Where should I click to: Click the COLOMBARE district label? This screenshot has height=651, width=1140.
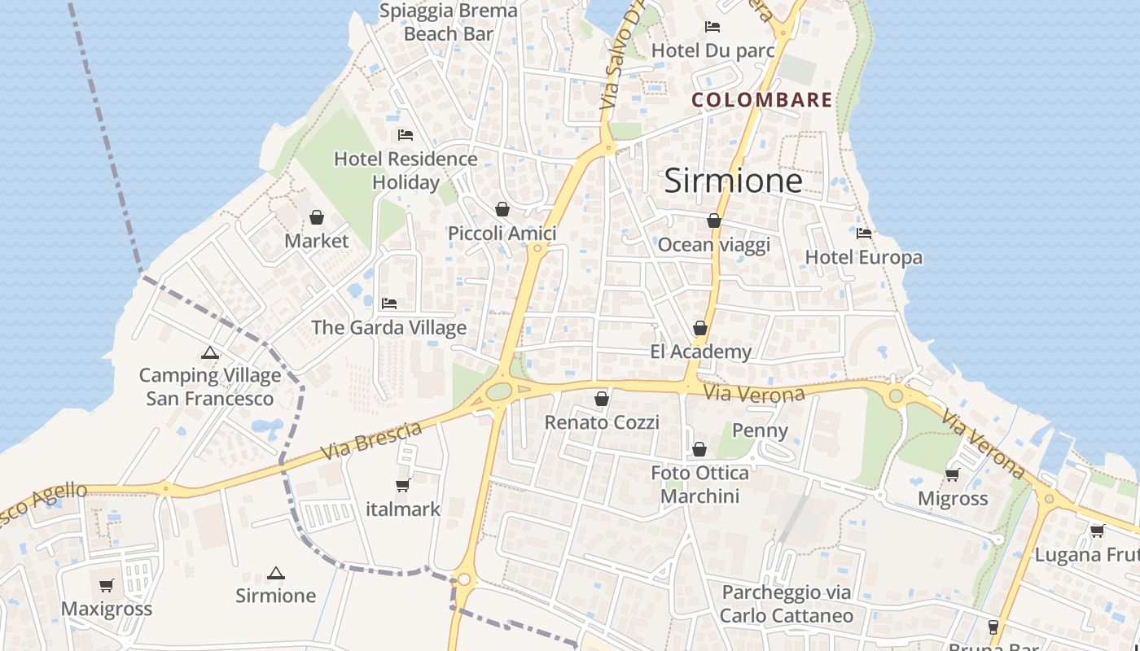coord(761,100)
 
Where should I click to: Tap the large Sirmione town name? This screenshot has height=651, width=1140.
coord(733,180)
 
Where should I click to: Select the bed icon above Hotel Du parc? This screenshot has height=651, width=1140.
coord(712,27)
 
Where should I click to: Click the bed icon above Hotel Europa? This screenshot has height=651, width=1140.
coord(864,234)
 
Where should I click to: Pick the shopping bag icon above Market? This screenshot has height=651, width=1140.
coord(317,217)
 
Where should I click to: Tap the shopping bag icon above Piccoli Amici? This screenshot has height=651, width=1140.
coord(502,210)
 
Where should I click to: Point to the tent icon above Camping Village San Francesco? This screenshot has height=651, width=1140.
coord(210,353)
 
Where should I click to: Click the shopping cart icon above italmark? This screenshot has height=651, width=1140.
coord(402,486)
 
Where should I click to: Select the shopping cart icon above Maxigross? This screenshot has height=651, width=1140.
coord(107,585)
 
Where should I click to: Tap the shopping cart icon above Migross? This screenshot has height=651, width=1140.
coord(952,474)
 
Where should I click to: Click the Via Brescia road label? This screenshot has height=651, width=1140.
coord(371,441)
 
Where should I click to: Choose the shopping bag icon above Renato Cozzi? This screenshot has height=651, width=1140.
coord(602,399)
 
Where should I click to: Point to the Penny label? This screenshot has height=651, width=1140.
coord(761,430)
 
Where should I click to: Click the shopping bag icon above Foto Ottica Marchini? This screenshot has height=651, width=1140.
coord(699,449)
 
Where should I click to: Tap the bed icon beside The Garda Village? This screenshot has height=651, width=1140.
coord(389,304)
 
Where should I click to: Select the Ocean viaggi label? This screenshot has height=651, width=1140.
coord(713,245)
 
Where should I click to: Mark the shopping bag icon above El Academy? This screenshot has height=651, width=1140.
coord(700,328)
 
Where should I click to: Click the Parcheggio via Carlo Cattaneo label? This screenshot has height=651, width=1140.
coord(787,604)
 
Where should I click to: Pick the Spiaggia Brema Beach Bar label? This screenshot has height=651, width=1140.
coord(449,22)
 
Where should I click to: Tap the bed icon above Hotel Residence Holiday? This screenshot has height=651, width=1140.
coord(406,135)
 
